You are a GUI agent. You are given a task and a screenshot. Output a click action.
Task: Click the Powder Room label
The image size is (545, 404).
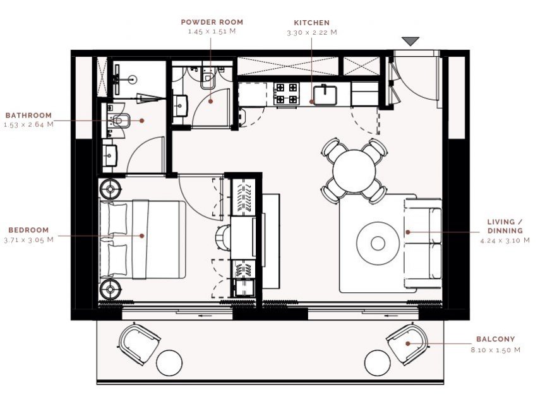pyautogui.click(x=212, y=22)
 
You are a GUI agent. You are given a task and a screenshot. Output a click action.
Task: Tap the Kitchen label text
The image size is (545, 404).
pyautogui.click(x=311, y=23)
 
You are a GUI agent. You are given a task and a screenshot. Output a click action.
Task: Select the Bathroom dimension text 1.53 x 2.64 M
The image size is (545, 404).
pyautogui.click(x=29, y=124)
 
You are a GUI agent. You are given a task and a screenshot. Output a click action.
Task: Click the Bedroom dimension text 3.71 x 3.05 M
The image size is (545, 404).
pyautogui.click(x=29, y=240)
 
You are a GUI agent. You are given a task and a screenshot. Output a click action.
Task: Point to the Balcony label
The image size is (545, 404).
pyautogui.click(x=495, y=339)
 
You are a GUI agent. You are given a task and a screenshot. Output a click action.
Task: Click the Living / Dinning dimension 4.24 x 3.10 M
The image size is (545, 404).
pyautogui.click(x=505, y=240)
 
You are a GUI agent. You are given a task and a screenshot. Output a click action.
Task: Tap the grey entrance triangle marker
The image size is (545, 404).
pyautogui.click(x=410, y=41)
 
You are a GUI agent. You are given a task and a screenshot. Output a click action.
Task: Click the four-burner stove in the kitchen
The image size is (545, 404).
pyautogui.click(x=287, y=94)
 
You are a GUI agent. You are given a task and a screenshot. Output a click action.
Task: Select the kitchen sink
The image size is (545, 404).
pyautogui.click(x=325, y=95)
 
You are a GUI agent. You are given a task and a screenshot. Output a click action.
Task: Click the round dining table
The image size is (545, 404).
pyautogui.click(x=354, y=170)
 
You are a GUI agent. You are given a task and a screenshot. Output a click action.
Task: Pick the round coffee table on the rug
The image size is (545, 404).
pyautogui.click(x=378, y=243)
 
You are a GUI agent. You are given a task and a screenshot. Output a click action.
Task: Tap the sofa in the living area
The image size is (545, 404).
pyautogui.click(x=423, y=243)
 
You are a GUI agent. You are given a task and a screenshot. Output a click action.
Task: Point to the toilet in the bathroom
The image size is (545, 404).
pyautogui.click(x=120, y=121)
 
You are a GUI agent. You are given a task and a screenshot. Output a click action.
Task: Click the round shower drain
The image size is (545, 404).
pyautogui.click(x=133, y=79)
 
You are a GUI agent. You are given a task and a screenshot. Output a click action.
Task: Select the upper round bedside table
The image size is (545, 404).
pyautogui.click(x=111, y=189)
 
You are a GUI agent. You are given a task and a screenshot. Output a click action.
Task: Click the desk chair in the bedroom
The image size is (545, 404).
pyautogui.click(x=223, y=238)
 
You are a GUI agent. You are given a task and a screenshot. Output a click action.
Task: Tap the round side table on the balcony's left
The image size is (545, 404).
pyautogui.click(x=169, y=363)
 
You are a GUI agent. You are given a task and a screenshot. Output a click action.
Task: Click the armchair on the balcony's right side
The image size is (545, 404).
pyautogui.click(x=407, y=345)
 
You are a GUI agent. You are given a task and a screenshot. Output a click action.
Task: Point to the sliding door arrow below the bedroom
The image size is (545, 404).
pyautogui.click(x=205, y=316)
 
